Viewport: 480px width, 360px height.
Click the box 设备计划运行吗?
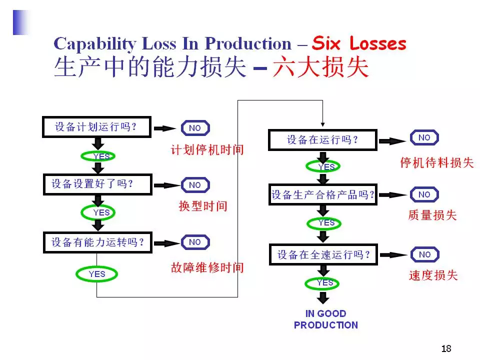(x=96, y=127)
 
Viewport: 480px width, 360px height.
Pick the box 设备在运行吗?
(x=322, y=140)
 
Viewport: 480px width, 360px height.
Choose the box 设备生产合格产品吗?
(x=322, y=195)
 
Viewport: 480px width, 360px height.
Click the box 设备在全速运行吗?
(x=322, y=255)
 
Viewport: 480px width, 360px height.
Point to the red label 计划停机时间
(x=207, y=149)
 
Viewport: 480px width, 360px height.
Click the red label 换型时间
(x=203, y=206)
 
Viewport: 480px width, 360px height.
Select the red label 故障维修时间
(x=207, y=268)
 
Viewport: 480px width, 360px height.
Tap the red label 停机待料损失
(x=436, y=163)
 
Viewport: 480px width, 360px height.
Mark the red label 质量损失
(x=432, y=215)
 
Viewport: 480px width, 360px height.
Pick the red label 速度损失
(x=433, y=275)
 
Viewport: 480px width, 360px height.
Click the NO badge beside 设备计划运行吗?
(x=195, y=128)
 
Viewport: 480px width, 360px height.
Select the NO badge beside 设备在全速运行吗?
(x=424, y=254)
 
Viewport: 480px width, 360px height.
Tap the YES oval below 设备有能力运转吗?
(x=97, y=274)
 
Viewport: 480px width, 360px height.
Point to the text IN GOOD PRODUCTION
(x=326, y=319)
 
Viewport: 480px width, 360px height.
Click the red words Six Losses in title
(x=359, y=44)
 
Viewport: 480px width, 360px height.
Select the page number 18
(x=446, y=348)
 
